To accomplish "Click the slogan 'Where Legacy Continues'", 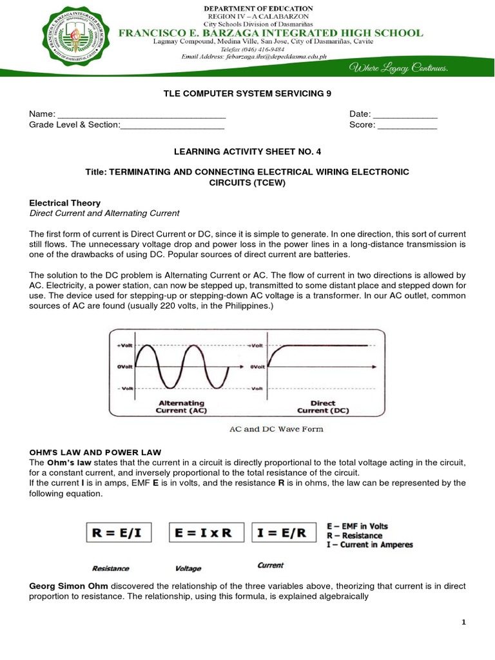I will tap(398, 68).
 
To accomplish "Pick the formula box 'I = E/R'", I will tap(284, 533).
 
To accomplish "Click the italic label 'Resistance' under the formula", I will tap(110, 568).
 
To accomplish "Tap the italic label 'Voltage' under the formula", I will tap(188, 568).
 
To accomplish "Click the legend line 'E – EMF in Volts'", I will tap(358, 526).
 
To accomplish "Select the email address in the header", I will tap(254, 57).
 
